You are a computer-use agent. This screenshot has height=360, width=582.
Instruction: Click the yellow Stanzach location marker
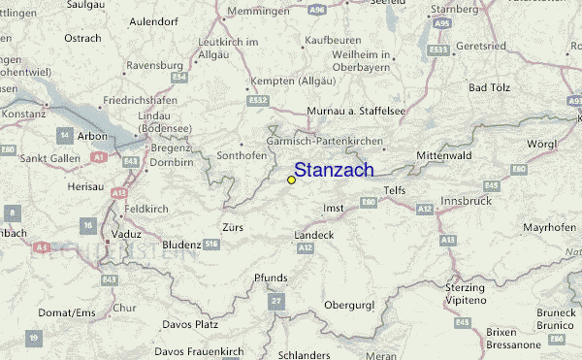pyautogui.click(x=291, y=180)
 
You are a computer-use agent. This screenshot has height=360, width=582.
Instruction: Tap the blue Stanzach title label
pyautogui.click(x=335, y=170)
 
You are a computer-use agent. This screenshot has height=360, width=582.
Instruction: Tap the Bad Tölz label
pyautogui.click(x=491, y=88)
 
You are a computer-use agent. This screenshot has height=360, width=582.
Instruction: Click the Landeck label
pyautogui.click(x=315, y=235)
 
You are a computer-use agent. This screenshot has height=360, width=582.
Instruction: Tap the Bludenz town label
pyautogui.click(x=181, y=245)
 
